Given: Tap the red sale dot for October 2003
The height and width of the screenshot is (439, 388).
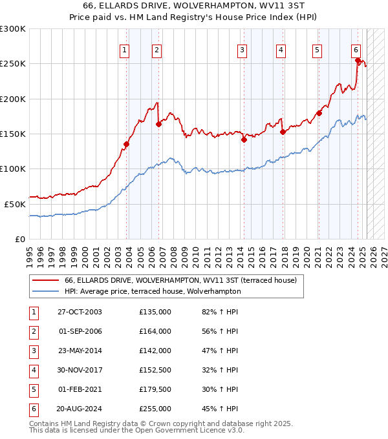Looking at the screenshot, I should click(127, 144).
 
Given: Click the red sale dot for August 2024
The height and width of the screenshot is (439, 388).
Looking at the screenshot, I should click(358, 61).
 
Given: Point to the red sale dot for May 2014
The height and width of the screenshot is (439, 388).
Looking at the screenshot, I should click(244, 139).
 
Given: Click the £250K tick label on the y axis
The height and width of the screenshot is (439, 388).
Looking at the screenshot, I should click(13, 64).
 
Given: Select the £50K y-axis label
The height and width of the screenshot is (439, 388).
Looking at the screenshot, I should click(15, 203).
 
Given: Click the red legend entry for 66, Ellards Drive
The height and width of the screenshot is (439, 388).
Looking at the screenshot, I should click(180, 280).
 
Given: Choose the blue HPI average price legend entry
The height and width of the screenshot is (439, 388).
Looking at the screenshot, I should click(153, 291).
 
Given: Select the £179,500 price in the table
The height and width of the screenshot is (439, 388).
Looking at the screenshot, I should click(155, 389).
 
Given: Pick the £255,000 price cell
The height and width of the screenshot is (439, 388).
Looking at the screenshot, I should click(155, 409).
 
